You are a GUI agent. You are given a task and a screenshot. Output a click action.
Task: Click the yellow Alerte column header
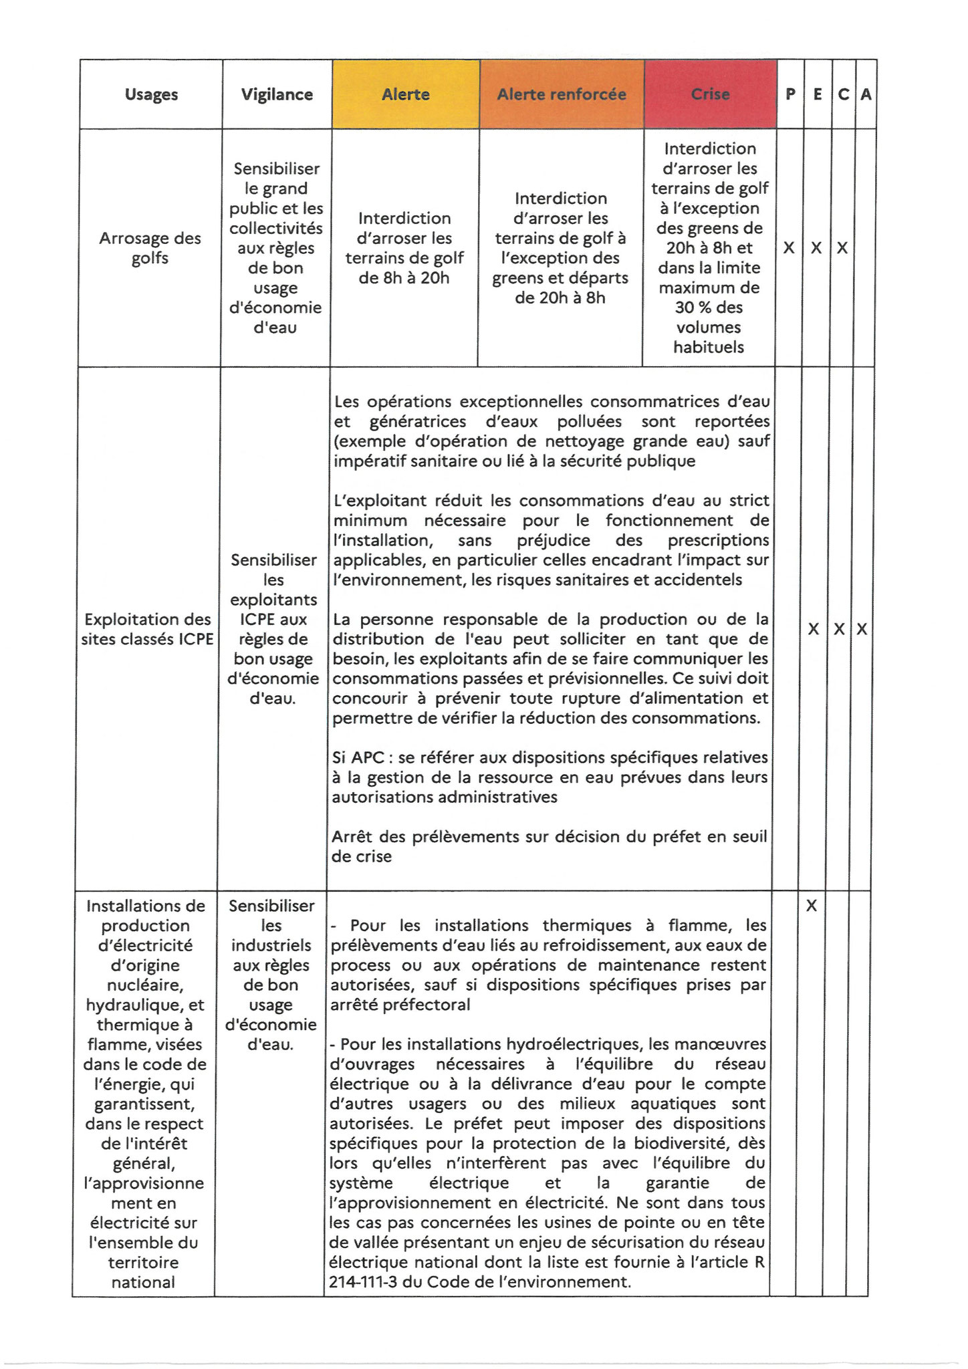[405, 94]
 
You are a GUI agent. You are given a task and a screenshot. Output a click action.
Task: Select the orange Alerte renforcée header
[562, 94]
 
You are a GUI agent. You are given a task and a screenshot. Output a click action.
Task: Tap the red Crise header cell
[710, 94]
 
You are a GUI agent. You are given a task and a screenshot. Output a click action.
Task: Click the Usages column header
[151, 94]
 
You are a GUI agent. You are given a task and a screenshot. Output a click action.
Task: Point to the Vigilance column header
[277, 94]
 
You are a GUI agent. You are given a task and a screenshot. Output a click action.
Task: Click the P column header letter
[790, 94]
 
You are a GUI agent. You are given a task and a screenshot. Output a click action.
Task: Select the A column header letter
[866, 94]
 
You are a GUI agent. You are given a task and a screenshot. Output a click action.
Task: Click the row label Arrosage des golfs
[150, 248]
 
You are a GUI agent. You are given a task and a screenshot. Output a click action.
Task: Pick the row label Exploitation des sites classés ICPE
[147, 629]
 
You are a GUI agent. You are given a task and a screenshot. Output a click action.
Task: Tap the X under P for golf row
[789, 248]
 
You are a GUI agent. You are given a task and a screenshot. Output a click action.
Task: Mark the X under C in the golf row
[842, 248]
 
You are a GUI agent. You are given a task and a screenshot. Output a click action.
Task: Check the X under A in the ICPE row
[862, 629]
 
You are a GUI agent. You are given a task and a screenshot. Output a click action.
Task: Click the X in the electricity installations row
[811, 906]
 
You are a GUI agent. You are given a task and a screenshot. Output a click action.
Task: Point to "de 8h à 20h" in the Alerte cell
[404, 278]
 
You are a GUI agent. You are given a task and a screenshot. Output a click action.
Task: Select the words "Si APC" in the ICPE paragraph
[353, 758]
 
